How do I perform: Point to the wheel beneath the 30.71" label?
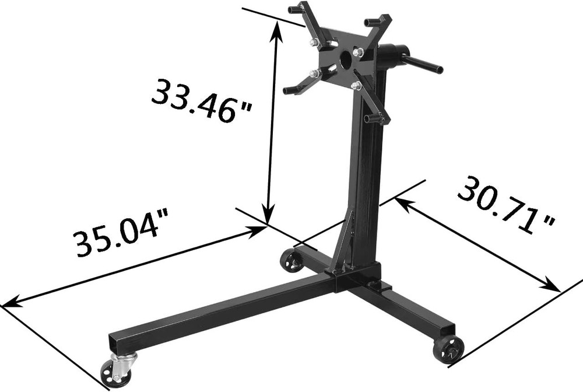pyautogui.click(x=449, y=349)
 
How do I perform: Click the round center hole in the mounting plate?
pyautogui.click(x=345, y=59)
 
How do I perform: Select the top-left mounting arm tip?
pyautogui.click(x=294, y=9)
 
